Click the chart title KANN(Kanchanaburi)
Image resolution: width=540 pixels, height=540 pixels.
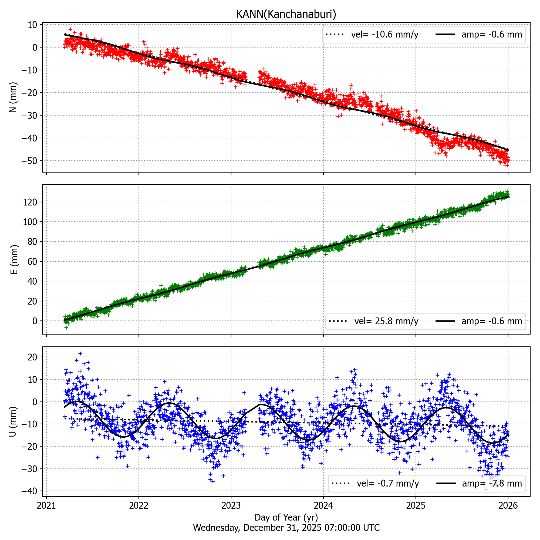tap(286, 14)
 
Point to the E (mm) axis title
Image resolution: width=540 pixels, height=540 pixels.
tap(14, 259)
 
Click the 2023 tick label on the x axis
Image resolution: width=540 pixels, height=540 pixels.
tap(231, 505)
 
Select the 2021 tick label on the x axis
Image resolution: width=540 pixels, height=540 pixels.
tap(46, 505)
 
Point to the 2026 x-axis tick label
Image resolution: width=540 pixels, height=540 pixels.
tap(508, 505)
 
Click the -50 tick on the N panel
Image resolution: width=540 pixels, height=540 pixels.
tap(29, 161)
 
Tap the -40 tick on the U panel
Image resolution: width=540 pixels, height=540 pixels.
tap(29, 491)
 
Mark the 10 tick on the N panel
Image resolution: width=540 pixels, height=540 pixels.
tap(32, 25)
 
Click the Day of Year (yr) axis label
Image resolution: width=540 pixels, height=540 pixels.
tap(286, 517)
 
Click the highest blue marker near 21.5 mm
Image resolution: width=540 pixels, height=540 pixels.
tap(80, 354)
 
